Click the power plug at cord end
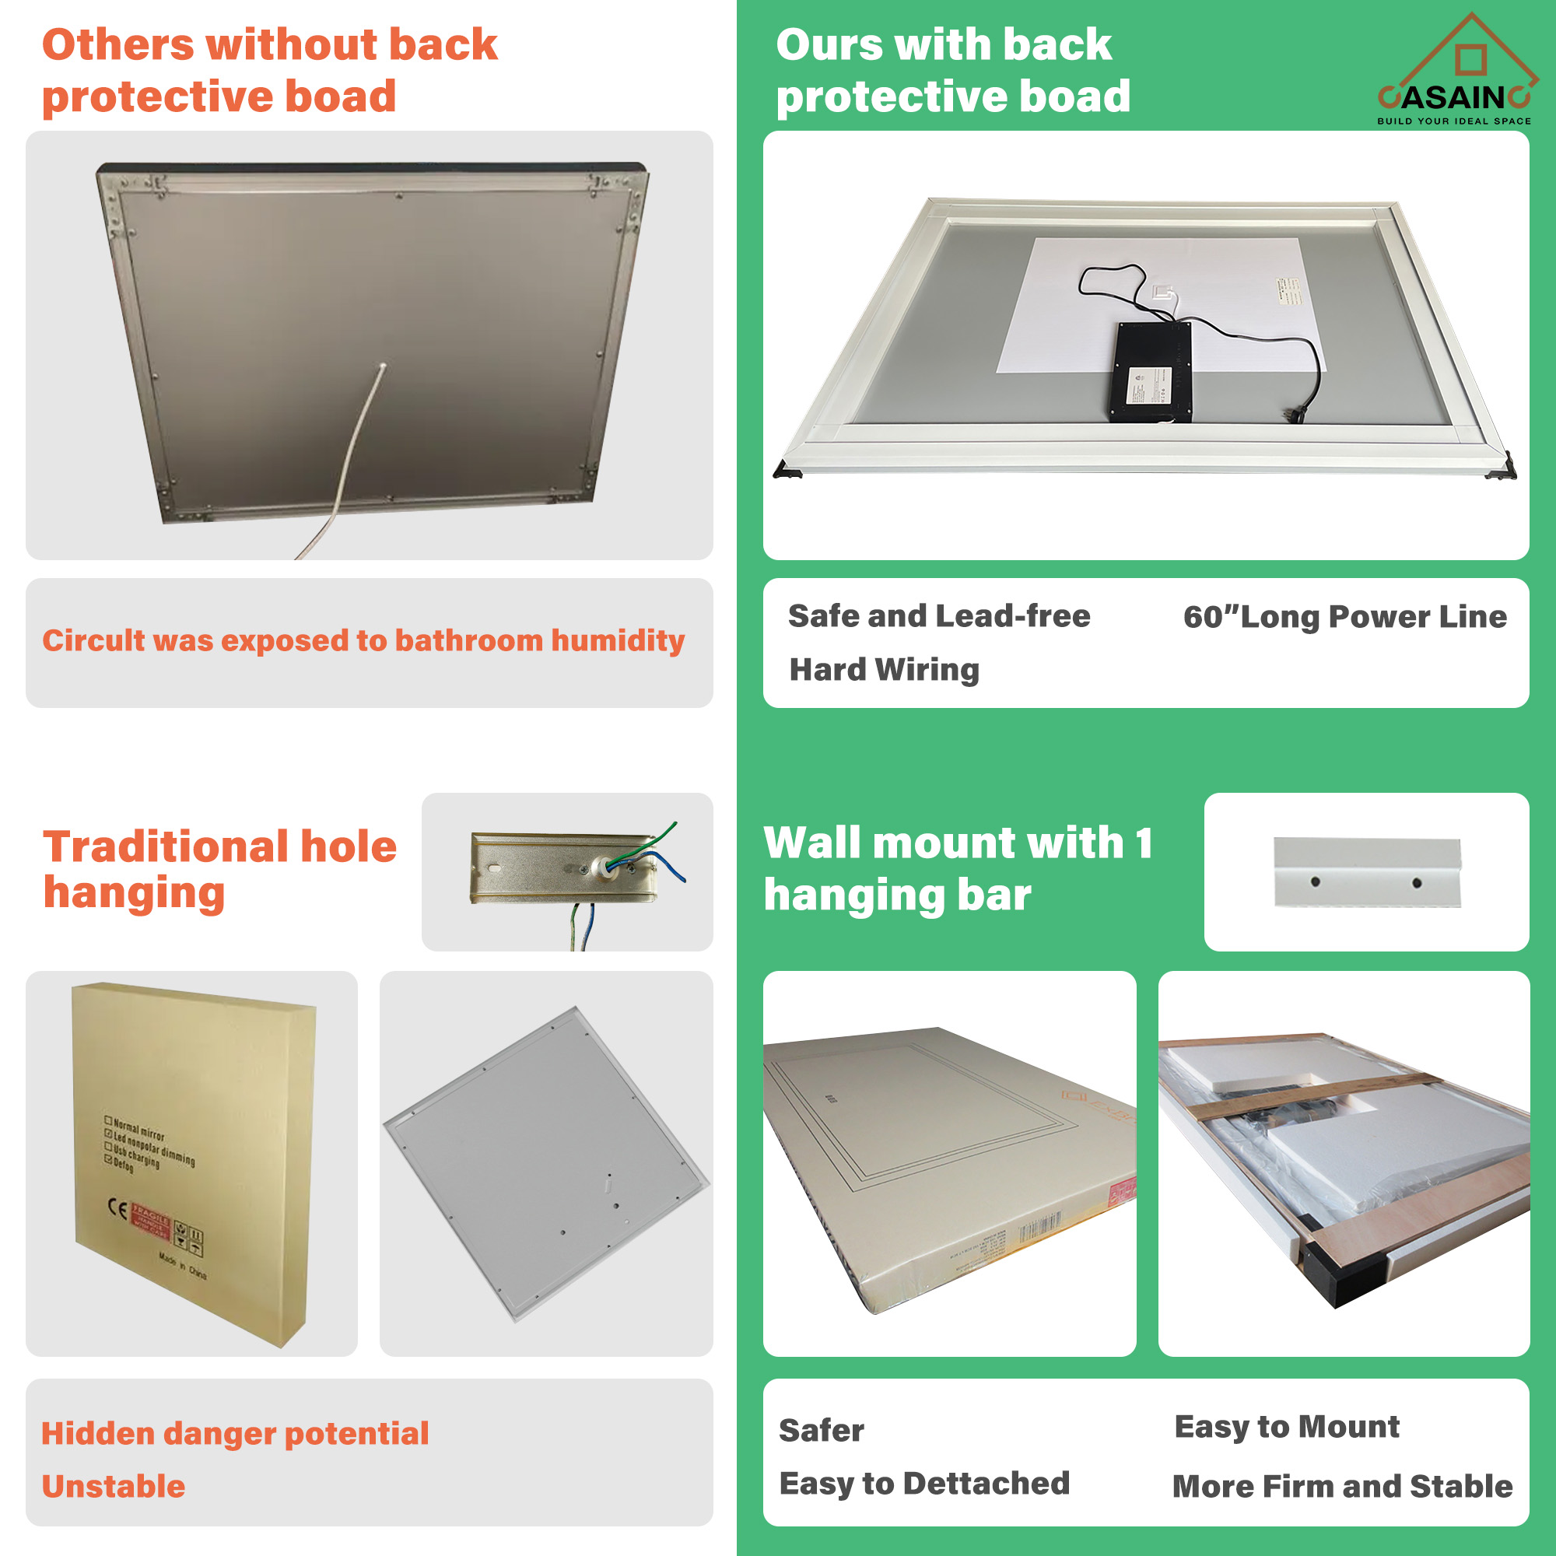pyautogui.click(x=1295, y=413)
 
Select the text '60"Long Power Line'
pyautogui.click(x=1344, y=617)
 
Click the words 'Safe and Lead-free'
pyautogui.click(x=939, y=616)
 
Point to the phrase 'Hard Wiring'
pyautogui.click(x=885, y=669)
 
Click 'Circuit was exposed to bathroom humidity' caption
pyautogui.click(x=363, y=640)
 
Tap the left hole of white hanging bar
pyautogui.click(x=1315, y=882)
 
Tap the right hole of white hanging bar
pyautogui.click(x=1417, y=884)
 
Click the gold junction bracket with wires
pyautogui.click(x=564, y=868)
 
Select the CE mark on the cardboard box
pyautogui.click(x=117, y=1209)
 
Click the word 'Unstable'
pyautogui.click(x=114, y=1486)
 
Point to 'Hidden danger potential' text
pyautogui.click(x=235, y=1434)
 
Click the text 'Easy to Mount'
pyautogui.click(x=1286, y=1426)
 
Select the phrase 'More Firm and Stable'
pyautogui.click(x=1342, y=1486)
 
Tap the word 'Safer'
pyautogui.click(x=821, y=1431)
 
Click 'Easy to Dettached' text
pyautogui.click(x=923, y=1484)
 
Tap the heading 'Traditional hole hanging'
pyautogui.click(x=219, y=870)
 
